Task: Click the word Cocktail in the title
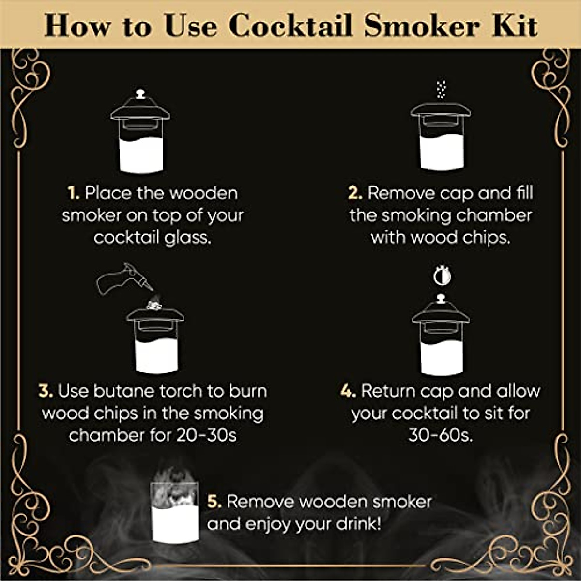pos(290,26)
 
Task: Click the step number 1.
pos(73,194)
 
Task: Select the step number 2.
pos(355,194)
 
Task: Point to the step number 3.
pos(46,391)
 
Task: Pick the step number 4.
pos(348,391)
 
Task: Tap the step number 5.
pos(214,502)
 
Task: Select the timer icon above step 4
pos(442,276)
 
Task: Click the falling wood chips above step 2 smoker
pos(440,90)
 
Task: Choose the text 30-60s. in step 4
pos(440,435)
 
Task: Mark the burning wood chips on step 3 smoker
pos(154,305)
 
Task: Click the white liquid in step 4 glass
pos(441,358)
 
